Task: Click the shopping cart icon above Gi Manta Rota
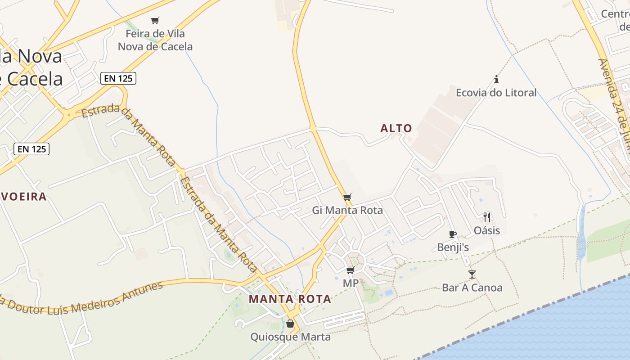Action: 347,198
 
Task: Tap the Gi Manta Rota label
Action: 347,210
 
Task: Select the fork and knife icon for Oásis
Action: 487,217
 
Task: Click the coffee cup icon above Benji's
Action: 453,234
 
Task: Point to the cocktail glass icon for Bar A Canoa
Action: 472,274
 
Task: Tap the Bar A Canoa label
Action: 472,288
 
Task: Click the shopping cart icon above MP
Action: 350,270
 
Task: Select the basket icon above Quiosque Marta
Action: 290,324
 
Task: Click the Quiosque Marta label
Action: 290,337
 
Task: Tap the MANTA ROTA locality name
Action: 290,299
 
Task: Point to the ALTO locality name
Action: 396,129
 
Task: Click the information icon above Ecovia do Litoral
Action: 496,80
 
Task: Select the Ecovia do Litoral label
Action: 496,93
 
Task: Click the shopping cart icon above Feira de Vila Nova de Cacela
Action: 155,20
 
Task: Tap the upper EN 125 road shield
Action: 118,78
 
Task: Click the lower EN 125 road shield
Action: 31,149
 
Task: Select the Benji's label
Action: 453,247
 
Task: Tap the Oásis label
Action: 487,230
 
